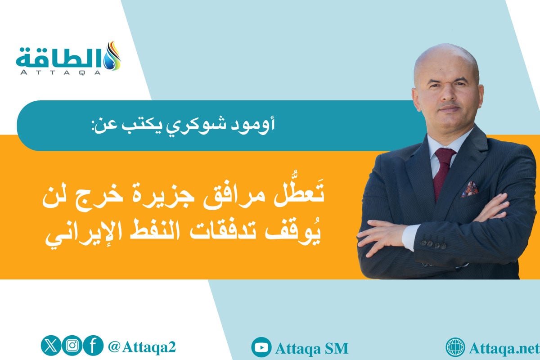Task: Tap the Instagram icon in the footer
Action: pos(72,346)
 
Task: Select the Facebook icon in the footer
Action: pos(93,346)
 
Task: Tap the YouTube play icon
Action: pos(261,347)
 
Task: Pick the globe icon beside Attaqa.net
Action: pos(455,347)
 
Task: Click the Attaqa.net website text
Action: pos(504,348)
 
